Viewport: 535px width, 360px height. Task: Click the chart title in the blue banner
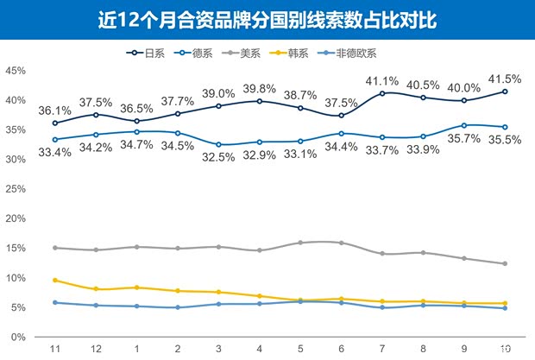pos(267,20)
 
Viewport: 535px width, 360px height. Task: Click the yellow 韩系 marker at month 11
pos(55,281)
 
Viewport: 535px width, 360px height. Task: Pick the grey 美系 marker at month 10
pos(505,263)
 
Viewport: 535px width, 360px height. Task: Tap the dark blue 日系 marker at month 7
pos(382,93)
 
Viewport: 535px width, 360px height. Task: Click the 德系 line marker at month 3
pos(218,144)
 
